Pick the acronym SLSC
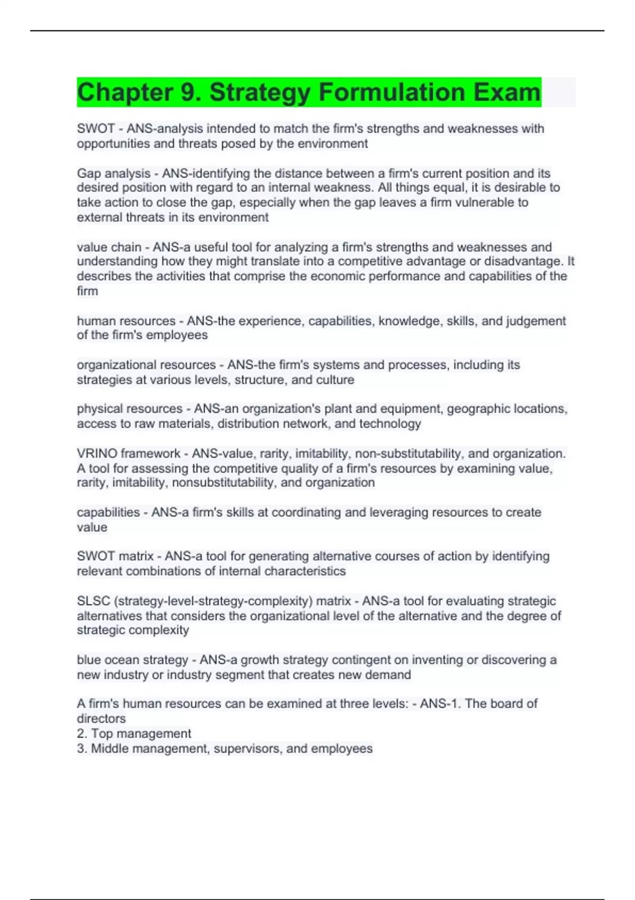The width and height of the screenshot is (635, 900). tap(94, 601)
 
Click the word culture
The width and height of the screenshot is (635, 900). tap(335, 380)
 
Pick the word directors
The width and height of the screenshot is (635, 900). tap(101, 719)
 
